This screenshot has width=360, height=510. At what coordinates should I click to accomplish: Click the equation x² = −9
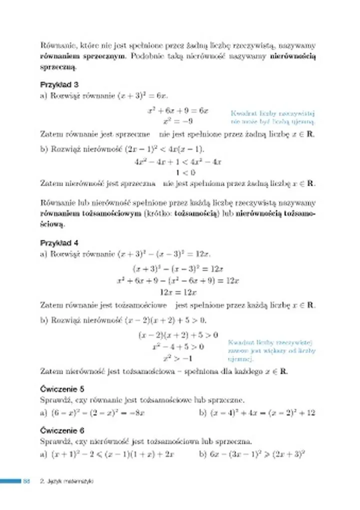point(178,121)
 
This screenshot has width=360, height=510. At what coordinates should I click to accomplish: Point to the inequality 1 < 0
point(178,173)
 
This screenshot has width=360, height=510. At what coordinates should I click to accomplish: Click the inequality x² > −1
point(178,359)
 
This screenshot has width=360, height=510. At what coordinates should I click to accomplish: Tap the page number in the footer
point(27,481)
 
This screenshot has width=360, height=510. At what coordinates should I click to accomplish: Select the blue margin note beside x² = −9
point(272,117)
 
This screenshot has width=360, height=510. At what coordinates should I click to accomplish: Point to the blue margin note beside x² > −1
point(271,350)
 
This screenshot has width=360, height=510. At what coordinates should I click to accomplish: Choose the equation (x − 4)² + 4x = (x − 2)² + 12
point(257,413)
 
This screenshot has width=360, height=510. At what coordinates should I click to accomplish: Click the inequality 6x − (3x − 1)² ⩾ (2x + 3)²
point(252,454)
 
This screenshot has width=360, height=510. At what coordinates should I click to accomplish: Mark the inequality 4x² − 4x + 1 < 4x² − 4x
point(178,162)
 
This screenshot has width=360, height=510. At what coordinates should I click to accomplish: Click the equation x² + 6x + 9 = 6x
point(178,110)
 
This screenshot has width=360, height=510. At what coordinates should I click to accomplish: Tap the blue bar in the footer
point(10,481)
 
